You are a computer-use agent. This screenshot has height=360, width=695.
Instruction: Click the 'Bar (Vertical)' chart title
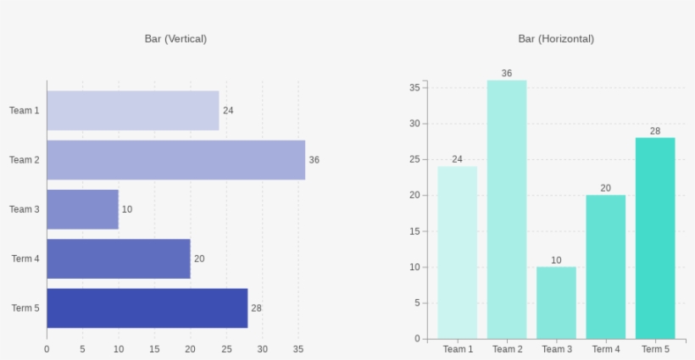[x=175, y=39]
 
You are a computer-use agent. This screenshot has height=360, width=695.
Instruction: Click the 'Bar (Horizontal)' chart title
[x=556, y=39]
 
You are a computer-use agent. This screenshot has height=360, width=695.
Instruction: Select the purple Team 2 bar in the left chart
[x=175, y=160]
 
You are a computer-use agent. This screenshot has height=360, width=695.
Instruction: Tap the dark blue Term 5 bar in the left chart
[x=147, y=308]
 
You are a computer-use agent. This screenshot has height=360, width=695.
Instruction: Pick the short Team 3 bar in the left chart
[x=82, y=209]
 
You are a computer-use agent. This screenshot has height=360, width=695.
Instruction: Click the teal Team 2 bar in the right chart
[x=507, y=209]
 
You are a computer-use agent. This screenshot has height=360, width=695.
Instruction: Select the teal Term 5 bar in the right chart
[x=655, y=238]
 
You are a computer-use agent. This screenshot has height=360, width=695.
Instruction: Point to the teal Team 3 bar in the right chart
[x=556, y=302]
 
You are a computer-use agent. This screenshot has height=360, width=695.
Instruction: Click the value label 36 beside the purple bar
[x=314, y=160]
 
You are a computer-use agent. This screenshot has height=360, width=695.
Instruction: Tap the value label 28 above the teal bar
[x=655, y=131]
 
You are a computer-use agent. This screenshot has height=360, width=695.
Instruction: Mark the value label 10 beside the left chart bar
[x=127, y=209]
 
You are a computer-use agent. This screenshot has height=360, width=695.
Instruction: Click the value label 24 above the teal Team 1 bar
[x=458, y=159]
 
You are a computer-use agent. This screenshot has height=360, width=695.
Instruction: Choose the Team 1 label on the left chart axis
[x=25, y=111]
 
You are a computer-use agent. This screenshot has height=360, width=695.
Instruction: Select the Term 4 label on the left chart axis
[x=25, y=259]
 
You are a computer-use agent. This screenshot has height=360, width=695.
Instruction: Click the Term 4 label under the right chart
[x=606, y=349]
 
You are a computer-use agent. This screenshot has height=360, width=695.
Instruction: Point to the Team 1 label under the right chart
[x=458, y=349]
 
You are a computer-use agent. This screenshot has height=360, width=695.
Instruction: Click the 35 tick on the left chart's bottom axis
[x=298, y=349]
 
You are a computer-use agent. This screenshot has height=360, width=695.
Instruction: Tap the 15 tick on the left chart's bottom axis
[x=154, y=349]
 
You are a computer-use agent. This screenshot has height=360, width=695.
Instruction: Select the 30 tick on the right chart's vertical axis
[x=414, y=124]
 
